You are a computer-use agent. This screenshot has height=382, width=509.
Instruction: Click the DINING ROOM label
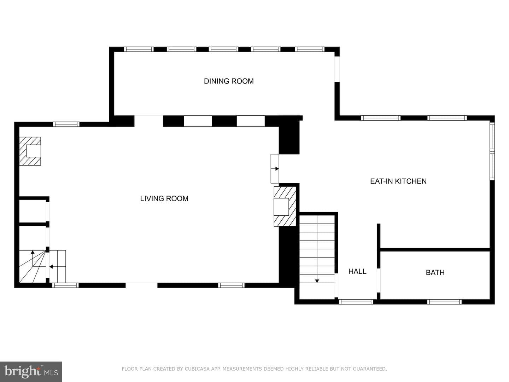tap(229, 81)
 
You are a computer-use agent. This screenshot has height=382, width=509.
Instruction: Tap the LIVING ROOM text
tap(164, 198)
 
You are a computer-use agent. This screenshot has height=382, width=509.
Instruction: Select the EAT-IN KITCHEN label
tap(398, 181)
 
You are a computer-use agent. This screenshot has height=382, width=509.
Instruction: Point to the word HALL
tap(357, 271)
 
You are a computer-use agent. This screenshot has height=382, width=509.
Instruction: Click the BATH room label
tap(435, 272)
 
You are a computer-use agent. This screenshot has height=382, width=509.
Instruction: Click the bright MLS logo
tap(31, 371)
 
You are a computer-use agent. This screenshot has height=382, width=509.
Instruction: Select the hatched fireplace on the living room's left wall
tap(30, 151)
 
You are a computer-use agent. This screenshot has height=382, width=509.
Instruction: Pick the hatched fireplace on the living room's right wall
tap(285, 207)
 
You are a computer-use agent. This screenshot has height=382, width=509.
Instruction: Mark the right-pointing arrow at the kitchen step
tap(275, 169)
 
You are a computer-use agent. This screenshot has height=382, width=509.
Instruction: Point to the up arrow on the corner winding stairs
tap(33, 258)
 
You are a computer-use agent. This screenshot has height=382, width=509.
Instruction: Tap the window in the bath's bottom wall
tap(444, 302)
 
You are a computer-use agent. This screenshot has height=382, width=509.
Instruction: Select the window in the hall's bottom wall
tap(356, 302)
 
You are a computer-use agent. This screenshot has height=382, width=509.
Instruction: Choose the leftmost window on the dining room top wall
tap(139, 49)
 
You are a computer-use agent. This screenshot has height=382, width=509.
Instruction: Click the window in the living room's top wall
tap(66, 124)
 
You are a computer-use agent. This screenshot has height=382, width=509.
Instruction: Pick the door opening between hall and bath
tap(379, 280)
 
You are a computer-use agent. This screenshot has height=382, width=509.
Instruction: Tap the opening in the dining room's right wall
tap(337, 69)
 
